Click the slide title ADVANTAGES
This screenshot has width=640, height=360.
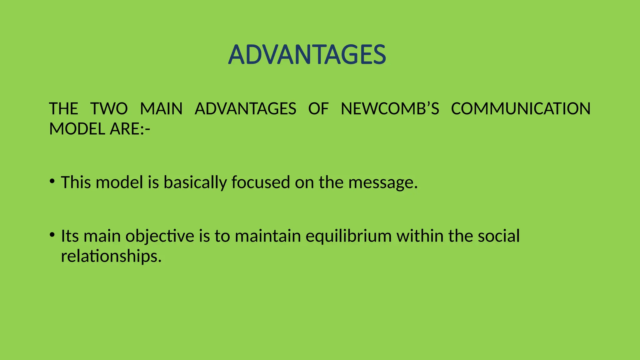(x=307, y=55)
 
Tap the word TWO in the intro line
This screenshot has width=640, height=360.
(x=109, y=109)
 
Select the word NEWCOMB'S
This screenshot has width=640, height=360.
(x=390, y=109)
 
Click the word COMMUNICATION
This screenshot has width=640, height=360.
(x=521, y=109)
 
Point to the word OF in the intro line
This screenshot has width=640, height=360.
(x=318, y=109)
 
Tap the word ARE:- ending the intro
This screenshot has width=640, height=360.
(x=130, y=129)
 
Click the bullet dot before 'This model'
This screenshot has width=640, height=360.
(x=52, y=181)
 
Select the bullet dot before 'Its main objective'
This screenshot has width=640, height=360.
(x=52, y=234)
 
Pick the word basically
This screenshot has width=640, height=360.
(x=195, y=183)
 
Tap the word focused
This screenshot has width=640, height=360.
(x=261, y=182)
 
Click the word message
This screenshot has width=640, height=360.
(x=382, y=183)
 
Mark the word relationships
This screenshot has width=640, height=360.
(x=111, y=257)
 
